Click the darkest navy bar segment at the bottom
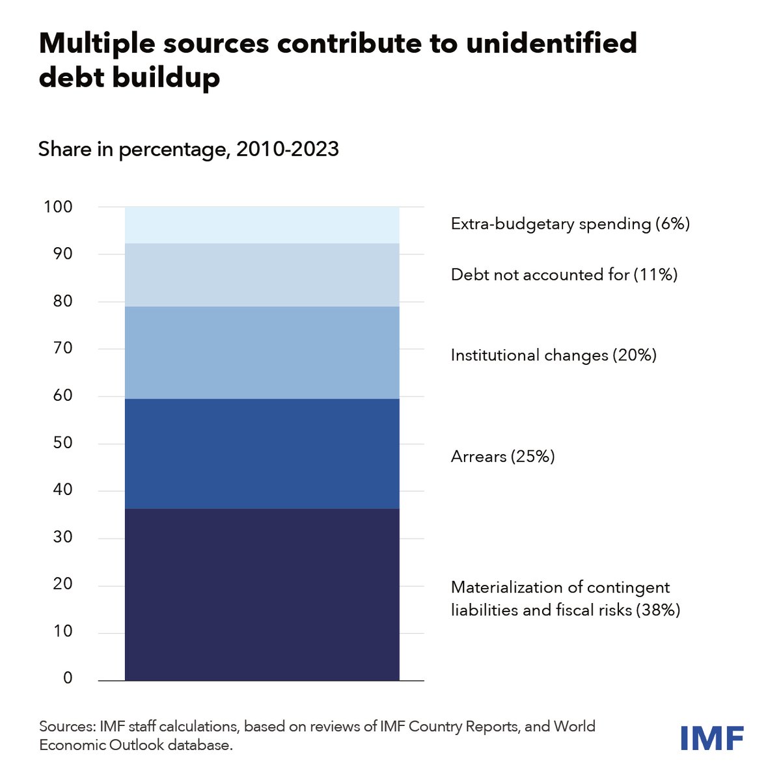(x=262, y=594)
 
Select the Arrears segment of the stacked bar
(x=262, y=453)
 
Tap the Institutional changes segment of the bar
(x=262, y=352)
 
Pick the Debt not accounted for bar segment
(x=262, y=275)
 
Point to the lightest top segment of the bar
(x=262, y=225)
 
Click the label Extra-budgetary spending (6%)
(x=569, y=224)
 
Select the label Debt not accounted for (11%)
(x=564, y=275)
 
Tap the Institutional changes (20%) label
(x=553, y=355)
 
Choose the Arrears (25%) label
(x=502, y=457)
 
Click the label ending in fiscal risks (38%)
(x=565, y=610)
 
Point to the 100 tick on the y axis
(x=58, y=208)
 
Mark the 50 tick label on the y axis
(x=62, y=443)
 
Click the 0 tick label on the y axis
(x=68, y=679)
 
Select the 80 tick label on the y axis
(x=62, y=301)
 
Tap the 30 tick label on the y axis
(x=62, y=537)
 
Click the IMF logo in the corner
(x=711, y=738)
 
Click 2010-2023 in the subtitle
(x=287, y=150)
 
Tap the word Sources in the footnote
(x=64, y=726)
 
